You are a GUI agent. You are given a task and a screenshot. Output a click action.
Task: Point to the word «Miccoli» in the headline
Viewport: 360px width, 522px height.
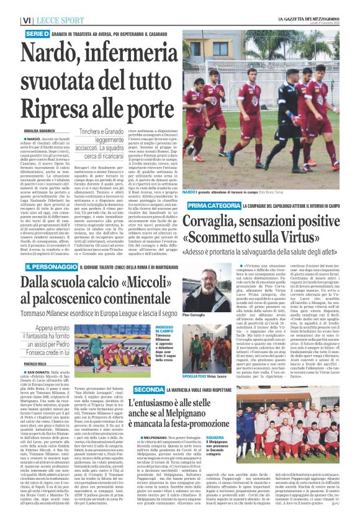(140, 265)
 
